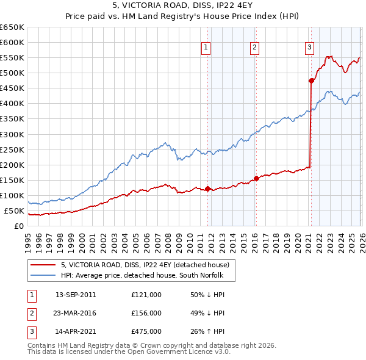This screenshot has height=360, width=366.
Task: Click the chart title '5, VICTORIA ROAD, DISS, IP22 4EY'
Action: pyautogui.click(x=183, y=6)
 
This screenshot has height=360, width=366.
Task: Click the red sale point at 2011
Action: pyautogui.click(x=207, y=189)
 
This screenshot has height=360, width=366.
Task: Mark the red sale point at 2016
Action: pyautogui.click(x=256, y=178)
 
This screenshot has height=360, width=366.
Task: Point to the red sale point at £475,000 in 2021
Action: pyautogui.click(x=311, y=80)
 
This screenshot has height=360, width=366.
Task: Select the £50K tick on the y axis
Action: pyautogui.click(x=15, y=211)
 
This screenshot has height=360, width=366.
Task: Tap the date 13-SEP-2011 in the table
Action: pyautogui.click(x=76, y=294)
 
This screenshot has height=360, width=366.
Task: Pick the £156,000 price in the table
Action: pyautogui.click(x=146, y=313)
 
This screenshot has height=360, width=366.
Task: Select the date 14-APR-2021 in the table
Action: pyautogui.click(x=76, y=332)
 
